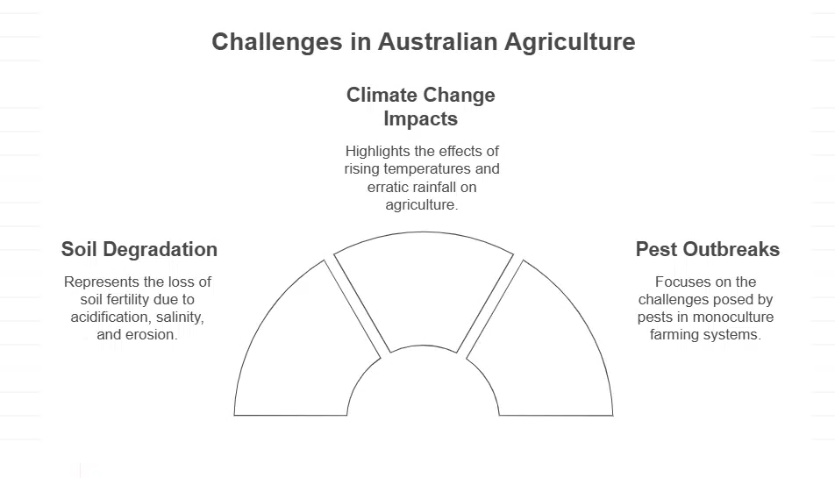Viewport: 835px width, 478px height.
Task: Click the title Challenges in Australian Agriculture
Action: tap(423, 42)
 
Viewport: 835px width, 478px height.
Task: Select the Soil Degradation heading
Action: tap(139, 249)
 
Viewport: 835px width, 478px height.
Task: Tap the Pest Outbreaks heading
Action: tap(707, 249)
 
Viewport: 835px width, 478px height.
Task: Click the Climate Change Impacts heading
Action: tap(420, 106)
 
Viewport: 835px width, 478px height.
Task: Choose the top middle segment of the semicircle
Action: tap(424, 289)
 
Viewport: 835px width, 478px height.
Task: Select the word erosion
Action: tap(151, 334)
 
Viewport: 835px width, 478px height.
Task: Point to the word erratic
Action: tap(389, 187)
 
